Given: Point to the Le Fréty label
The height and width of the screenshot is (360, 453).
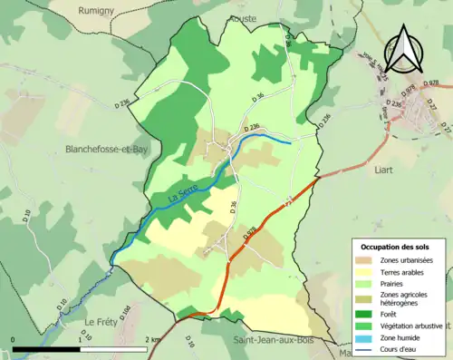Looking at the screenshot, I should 102,322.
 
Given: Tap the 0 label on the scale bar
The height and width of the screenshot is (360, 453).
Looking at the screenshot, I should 14,339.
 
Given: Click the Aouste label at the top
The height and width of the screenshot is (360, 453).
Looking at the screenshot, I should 244,17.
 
